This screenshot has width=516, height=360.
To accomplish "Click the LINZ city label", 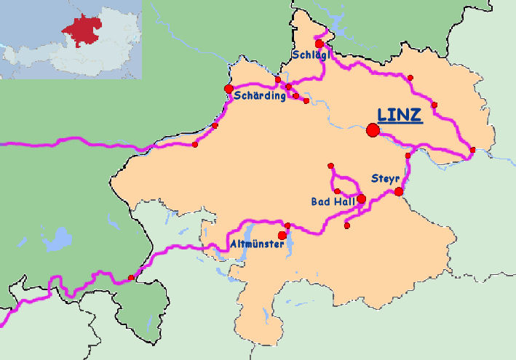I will tap(400, 114).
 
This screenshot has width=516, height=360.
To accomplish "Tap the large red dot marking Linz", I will tap(373, 130).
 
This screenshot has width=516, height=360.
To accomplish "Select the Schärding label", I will tap(260, 97).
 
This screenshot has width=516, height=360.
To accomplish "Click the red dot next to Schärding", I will tap(229, 89).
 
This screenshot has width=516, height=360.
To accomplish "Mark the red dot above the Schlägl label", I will tap(319, 44).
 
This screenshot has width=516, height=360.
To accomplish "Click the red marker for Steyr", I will tap(399, 191).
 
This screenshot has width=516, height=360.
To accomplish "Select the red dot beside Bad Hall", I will tap(362, 198).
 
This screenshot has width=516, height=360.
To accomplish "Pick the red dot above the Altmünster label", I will tap(281, 235).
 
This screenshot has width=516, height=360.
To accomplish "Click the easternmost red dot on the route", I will tap(473, 150).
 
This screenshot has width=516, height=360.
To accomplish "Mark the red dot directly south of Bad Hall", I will tap(347, 225).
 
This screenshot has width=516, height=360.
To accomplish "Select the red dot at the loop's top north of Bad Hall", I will tap(330, 166).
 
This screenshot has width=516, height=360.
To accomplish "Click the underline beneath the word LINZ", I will tap(400, 124).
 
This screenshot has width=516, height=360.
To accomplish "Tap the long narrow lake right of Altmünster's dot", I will tap(291, 247).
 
